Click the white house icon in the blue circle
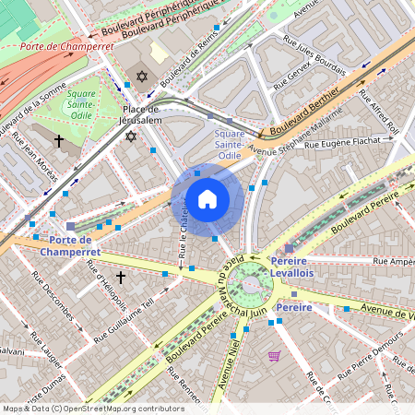tap(207, 199)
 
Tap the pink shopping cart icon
tap(274, 355)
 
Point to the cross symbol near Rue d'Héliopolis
tap(120, 277)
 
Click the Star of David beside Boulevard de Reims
tap(142, 77)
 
